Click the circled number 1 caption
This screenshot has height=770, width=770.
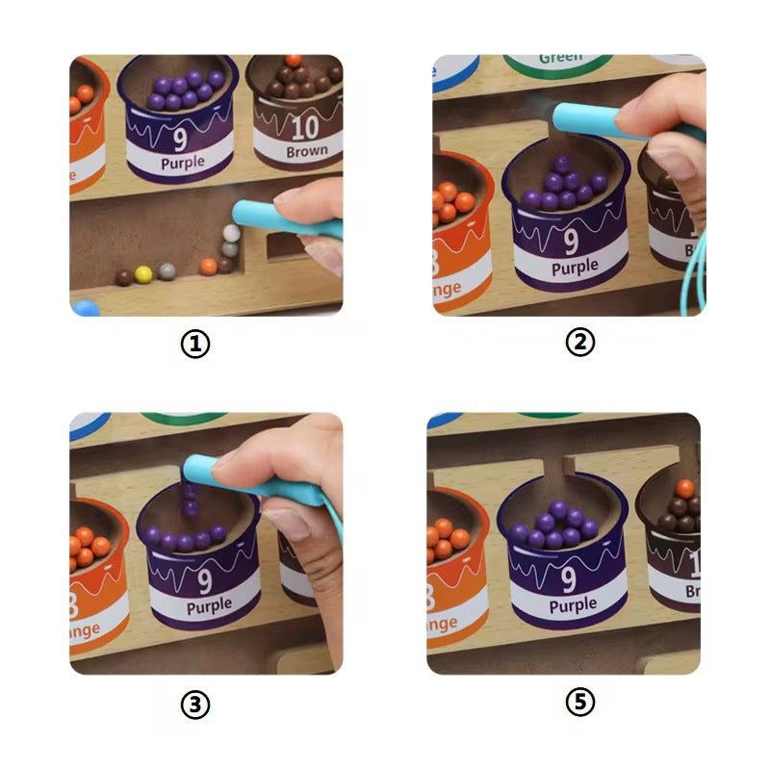[x=195, y=345]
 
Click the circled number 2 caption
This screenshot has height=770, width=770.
[x=579, y=341]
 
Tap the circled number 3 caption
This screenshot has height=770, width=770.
[x=195, y=705]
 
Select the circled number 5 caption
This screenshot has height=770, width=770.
[x=579, y=703]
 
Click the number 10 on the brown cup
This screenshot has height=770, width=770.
[x=305, y=126]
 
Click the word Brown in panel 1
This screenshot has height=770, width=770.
[x=306, y=151]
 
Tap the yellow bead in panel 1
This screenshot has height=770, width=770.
[x=143, y=274]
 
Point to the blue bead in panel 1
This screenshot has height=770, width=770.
[x=85, y=308]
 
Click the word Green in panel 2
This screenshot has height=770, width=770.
[x=560, y=59]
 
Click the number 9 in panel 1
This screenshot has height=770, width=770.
[x=180, y=139]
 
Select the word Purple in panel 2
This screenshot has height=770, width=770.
[x=575, y=269]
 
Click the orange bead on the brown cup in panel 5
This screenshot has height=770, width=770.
[x=684, y=488]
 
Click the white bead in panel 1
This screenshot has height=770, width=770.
[x=231, y=233]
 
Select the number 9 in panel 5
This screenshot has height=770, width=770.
[x=569, y=578]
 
